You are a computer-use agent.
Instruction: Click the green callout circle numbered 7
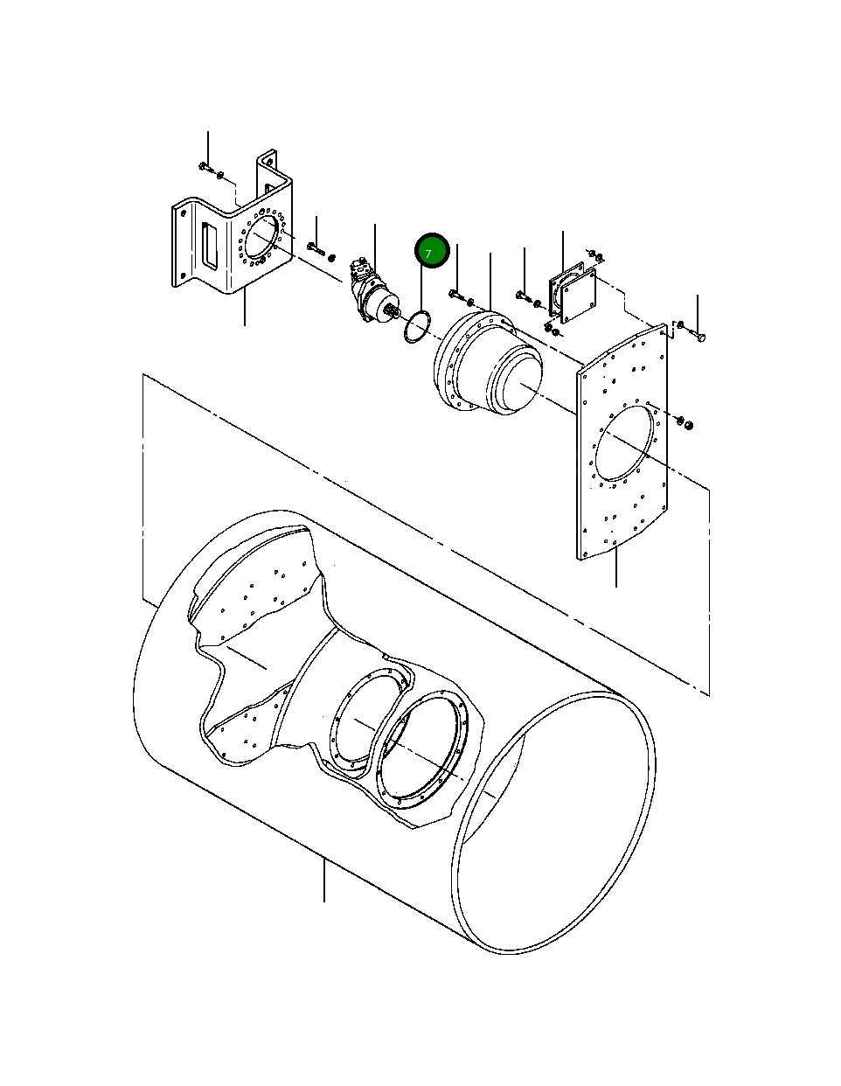431,252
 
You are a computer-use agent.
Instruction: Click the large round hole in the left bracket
261,237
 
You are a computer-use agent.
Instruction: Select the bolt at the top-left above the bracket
205,166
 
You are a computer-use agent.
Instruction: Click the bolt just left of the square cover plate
523,296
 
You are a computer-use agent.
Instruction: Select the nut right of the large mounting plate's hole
687,424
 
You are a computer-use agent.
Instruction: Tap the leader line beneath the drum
324,879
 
